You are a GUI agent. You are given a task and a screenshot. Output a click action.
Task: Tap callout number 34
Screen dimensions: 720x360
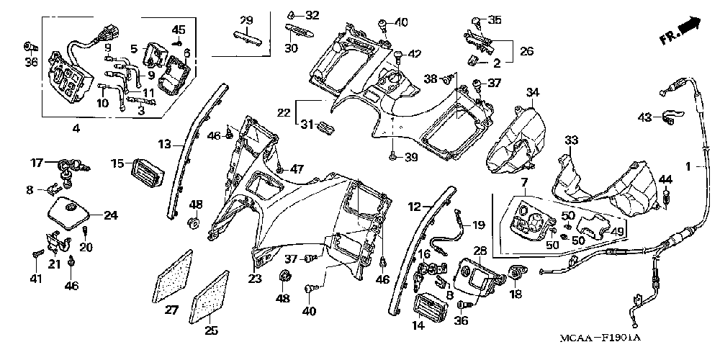pos(532,93)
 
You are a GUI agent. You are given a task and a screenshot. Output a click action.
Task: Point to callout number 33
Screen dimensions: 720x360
pos(571,140)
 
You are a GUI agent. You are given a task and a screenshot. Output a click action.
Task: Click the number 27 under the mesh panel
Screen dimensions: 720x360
pos(171,311)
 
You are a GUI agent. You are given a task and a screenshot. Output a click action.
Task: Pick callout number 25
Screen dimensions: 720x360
pos(211,330)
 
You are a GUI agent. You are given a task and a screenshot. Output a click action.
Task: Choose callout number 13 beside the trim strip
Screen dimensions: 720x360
pos(164,145)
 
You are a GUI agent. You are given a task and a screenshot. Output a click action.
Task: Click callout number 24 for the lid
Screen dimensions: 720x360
pos(111,215)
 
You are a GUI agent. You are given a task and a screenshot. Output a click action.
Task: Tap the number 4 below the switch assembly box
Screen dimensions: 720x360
pos(76,129)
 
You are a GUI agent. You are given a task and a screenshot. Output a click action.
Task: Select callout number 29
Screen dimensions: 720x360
pos(246,20)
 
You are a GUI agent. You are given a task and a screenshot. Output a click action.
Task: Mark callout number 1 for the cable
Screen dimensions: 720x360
pos(688,167)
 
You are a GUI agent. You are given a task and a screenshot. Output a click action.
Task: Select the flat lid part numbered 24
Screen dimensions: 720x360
pos(69,213)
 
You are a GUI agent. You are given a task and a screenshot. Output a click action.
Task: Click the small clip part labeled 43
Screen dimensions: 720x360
pos(671,117)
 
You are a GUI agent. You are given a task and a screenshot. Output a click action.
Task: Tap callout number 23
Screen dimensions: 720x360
pos(256,278)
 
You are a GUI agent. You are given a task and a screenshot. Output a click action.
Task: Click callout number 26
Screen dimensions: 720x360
pos(526,51)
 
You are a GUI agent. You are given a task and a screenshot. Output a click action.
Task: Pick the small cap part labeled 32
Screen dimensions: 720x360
pos(291,13)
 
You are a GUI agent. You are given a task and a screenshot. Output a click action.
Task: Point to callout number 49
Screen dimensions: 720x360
pos(618,231)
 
